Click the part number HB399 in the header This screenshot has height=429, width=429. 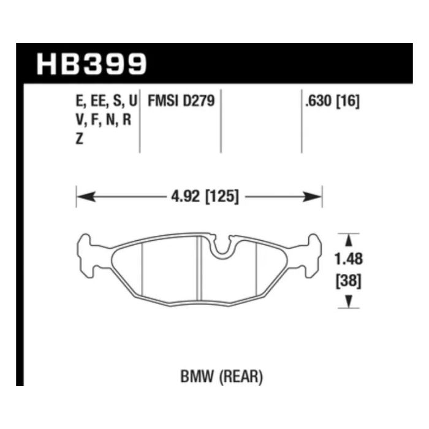92,64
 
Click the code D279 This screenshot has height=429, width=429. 199,101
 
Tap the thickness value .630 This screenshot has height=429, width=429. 319,101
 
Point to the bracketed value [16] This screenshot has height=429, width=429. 347,101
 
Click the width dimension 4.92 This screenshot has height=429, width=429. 186,197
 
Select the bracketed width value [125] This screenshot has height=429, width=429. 222,197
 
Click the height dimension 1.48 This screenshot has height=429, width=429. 349,259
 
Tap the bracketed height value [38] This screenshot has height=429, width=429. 349,281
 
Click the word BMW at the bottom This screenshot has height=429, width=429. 197,376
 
